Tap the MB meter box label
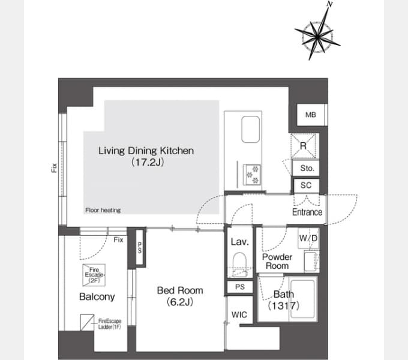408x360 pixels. click(311, 115)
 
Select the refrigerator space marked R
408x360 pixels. click(304, 146)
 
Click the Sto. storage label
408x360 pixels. click(307, 168)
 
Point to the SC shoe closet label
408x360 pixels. click(306, 185)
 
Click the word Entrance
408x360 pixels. click(307, 212)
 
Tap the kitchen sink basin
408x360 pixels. click(251, 129)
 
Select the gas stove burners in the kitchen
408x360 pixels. click(252, 175)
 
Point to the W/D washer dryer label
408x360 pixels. click(308, 238)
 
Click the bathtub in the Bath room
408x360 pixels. click(302, 299)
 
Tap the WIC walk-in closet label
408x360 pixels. click(239, 315)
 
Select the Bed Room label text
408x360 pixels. click(180, 290)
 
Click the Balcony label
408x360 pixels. click(97, 297)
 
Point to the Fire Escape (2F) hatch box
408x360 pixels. click(94, 275)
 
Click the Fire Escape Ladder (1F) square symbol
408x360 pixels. click(87, 323)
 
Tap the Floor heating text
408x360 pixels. click(103, 210)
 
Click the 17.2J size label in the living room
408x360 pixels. click(148, 163)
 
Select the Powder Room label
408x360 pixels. click(277, 262)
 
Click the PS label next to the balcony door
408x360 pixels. click(140, 248)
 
